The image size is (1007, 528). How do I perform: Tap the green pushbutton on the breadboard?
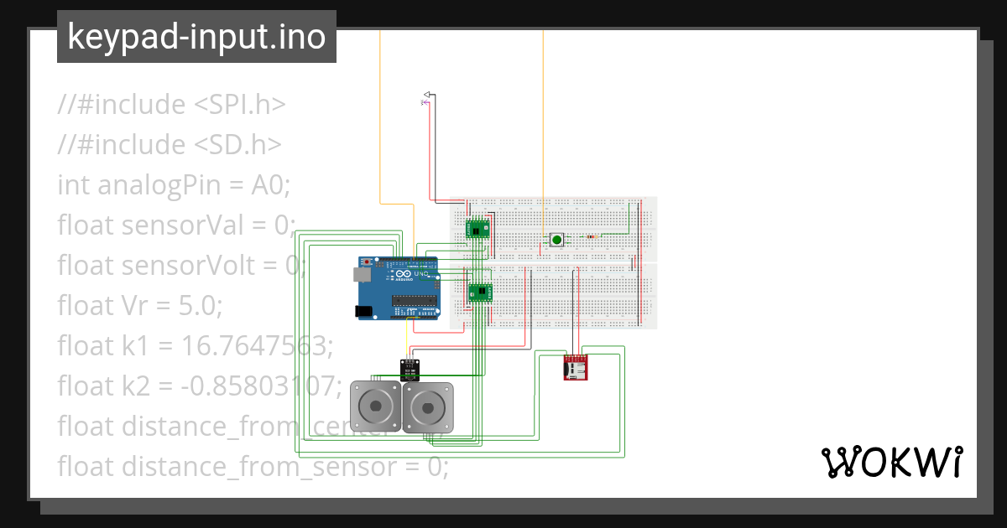[556, 241]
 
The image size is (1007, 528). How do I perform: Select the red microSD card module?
[575, 367]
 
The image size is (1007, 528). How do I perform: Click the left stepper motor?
[375, 408]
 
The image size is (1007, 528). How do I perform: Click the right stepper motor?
[427, 408]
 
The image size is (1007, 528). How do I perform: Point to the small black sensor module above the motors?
[410, 367]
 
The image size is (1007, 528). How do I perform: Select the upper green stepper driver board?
[477, 228]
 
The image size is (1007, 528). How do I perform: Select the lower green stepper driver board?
[479, 292]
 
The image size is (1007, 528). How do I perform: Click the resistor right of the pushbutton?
[594, 236]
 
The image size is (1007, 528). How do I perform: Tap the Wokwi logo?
[890, 463]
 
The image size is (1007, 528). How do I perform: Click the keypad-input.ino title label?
[196, 37]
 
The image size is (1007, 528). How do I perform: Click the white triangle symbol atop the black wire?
[426, 94]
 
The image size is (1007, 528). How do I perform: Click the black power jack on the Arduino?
[363, 311]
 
